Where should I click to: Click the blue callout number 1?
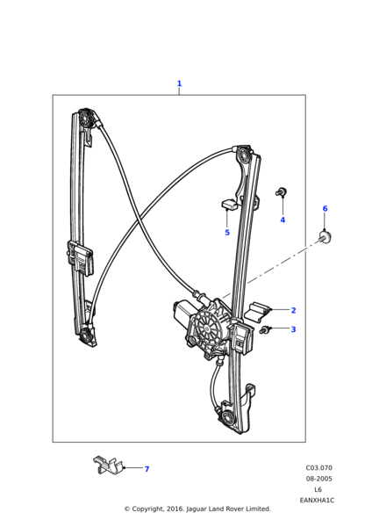[179, 83]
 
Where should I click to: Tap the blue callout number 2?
[293, 310]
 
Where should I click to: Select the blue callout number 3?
[293, 329]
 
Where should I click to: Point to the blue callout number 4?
[283, 220]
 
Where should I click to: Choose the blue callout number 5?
[227, 233]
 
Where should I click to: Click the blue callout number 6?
[325, 208]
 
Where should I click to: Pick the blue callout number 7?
[147, 469]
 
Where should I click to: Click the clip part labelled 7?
[107, 465]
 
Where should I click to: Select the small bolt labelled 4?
[281, 192]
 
